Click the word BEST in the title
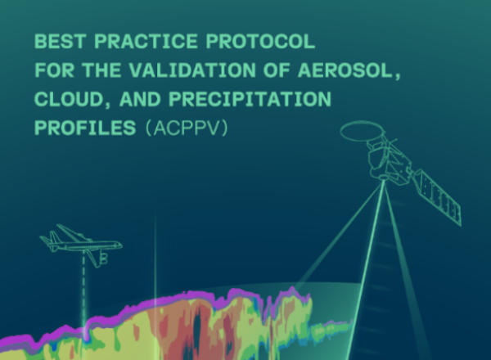[x=60, y=42]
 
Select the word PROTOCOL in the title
[x=260, y=42]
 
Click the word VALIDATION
[x=192, y=70]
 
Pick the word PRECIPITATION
[x=250, y=99]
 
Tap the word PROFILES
[x=85, y=128]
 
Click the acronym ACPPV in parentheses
[x=187, y=128]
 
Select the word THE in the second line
[x=101, y=70]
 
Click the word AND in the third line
[x=140, y=99]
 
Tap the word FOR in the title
[x=54, y=70]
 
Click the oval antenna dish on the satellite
[x=363, y=131]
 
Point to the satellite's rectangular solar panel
[x=439, y=197]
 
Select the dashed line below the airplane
[x=83, y=288]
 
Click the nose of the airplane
[x=120, y=245]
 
